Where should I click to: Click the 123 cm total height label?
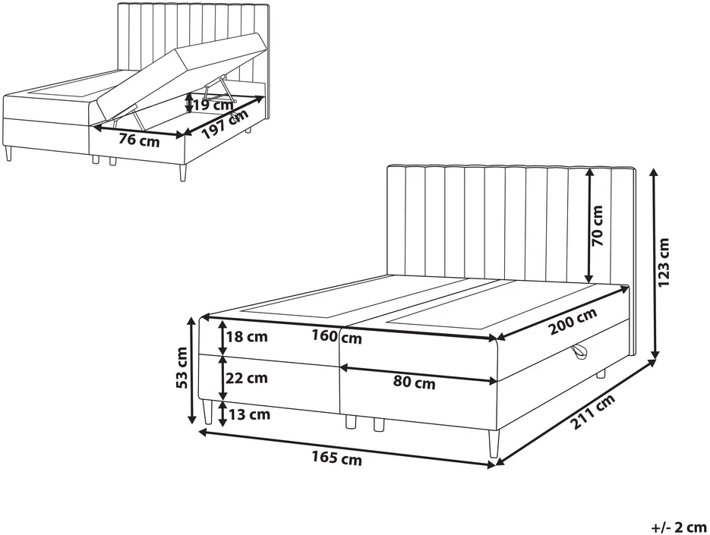[664, 262]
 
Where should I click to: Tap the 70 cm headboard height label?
[598, 225]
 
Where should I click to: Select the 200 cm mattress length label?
[573, 320]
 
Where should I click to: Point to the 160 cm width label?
[337, 337]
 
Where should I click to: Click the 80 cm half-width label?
[415, 382]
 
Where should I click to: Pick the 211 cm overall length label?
[593, 411]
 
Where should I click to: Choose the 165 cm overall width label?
[336, 458]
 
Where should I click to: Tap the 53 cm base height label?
[181, 367]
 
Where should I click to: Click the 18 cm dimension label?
[247, 337]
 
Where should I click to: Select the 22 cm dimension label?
[247, 377]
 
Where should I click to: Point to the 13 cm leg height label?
[249, 414]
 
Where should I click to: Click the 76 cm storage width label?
[140, 140]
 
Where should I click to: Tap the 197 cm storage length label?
[225, 124]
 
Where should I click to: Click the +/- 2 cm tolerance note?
[679, 527]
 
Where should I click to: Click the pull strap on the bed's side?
[579, 351]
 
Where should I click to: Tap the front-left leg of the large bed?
[208, 412]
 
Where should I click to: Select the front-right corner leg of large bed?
[494, 443]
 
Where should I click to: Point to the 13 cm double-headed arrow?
[222, 414]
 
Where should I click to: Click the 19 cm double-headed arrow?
[189, 103]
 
